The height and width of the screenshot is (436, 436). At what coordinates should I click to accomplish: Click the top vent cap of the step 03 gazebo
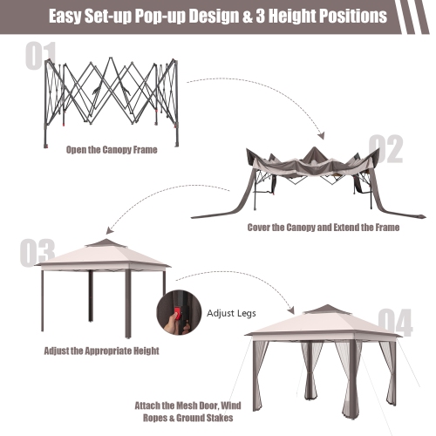(x=104, y=243)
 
